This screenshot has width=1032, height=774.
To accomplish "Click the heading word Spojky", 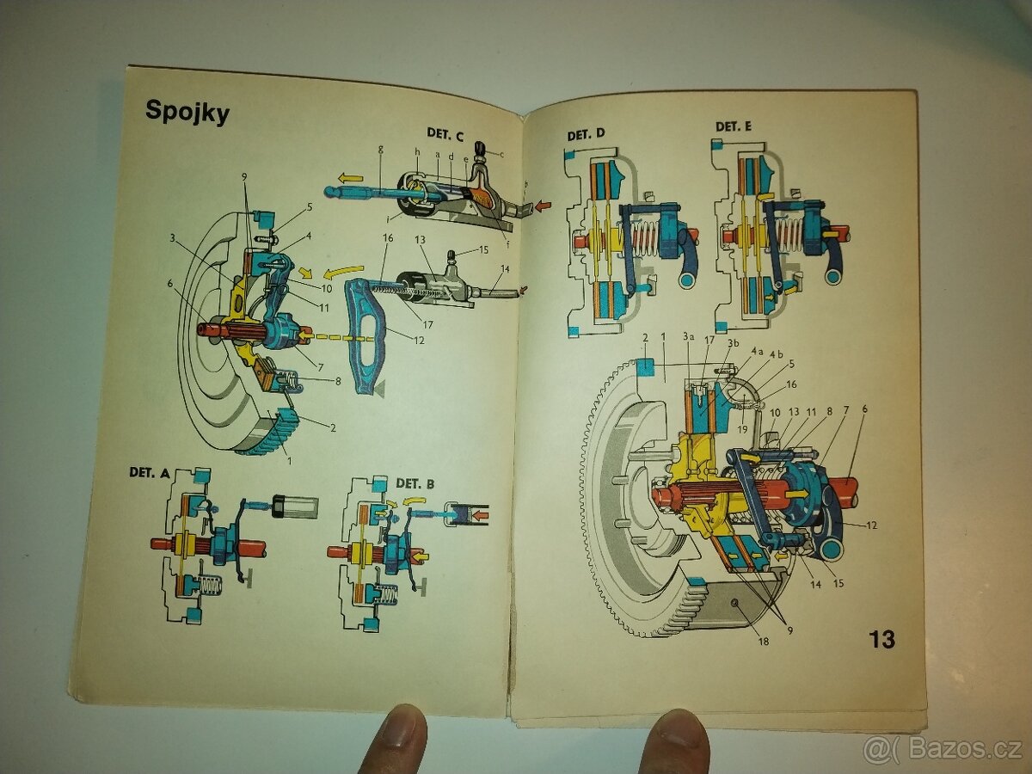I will pos(187,111).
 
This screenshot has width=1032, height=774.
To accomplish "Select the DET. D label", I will pos(587,134).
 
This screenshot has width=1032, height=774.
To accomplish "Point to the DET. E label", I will pos(734,126).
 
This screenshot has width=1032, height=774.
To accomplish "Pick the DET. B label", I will pos(415,483).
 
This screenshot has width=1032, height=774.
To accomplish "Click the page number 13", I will pos(881,639).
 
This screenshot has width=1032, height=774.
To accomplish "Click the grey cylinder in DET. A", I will pos(295,506).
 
